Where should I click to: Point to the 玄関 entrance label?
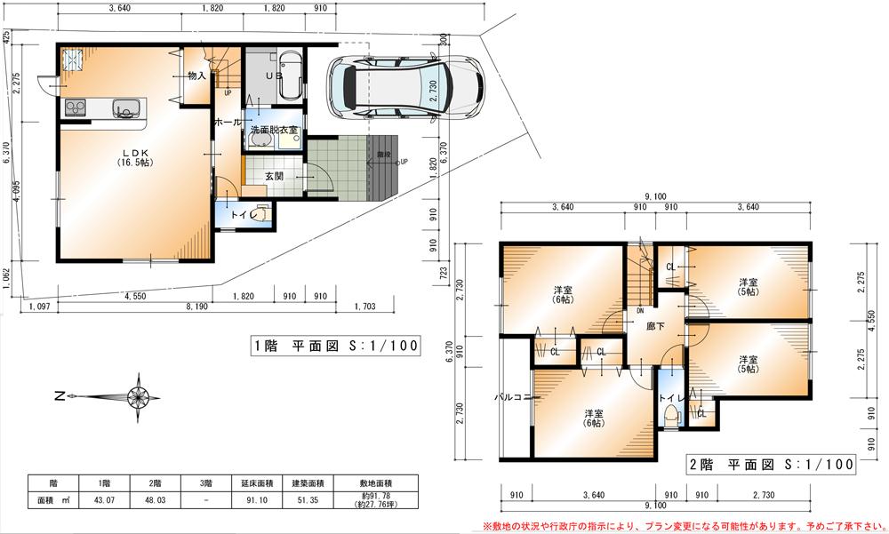274,176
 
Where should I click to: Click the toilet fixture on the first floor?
260,215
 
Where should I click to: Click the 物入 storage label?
196,76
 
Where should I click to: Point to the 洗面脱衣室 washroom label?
274,130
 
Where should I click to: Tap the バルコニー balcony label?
514,397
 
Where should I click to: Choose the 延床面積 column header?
254,483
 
